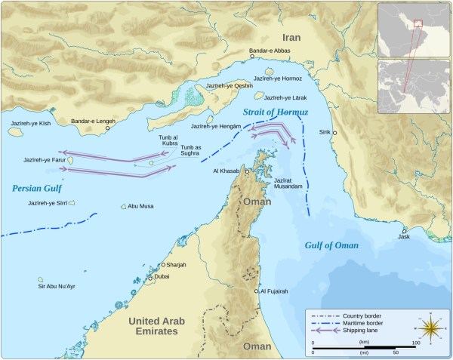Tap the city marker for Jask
point(405,231)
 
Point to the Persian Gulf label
point(34,189)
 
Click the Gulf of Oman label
point(331,246)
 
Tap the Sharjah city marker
point(163,265)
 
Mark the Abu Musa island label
point(141,206)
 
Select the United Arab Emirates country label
point(152,325)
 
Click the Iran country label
point(291,36)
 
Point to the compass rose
point(432,329)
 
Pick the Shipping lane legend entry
point(362,330)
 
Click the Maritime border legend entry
point(365,322)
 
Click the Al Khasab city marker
point(246,171)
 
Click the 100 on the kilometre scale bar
point(414,343)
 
